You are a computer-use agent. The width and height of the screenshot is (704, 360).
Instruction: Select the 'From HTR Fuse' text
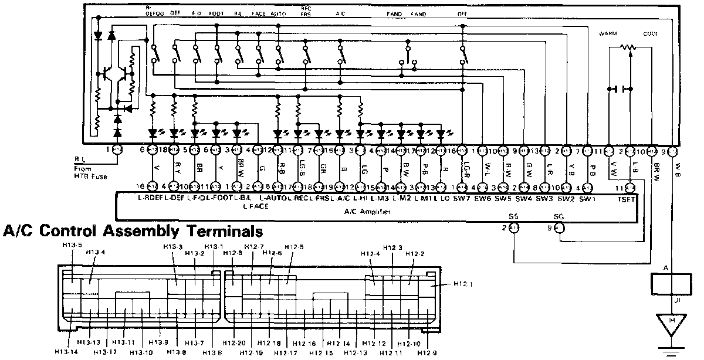[91, 172]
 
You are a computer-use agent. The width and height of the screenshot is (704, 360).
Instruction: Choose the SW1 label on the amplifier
[588, 198]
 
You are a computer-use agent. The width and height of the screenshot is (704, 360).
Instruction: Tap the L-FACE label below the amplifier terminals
[254, 207]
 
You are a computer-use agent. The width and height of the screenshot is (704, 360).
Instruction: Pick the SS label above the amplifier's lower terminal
[514, 216]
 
